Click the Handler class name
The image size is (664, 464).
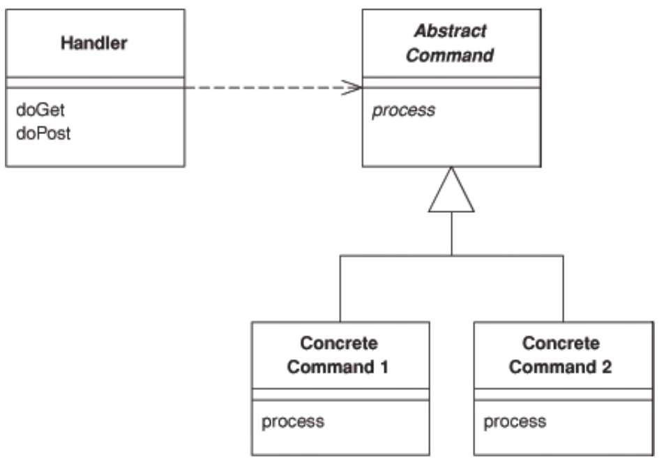coord(95,43)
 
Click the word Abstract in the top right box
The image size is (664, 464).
coord(451,31)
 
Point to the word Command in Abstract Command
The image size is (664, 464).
coord(451,55)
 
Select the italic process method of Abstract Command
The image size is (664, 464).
coord(403,110)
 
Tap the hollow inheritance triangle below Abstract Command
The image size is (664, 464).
coord(451,193)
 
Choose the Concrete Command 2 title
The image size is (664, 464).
coord(561,355)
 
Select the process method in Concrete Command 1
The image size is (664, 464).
coord(292,421)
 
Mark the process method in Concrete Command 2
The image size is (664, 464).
coord(515,421)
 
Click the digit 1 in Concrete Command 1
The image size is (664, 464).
coord(386,367)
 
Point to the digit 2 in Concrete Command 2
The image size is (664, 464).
coord(607,367)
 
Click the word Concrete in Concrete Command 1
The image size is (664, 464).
coord(338,343)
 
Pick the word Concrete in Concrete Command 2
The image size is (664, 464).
coord(560,343)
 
